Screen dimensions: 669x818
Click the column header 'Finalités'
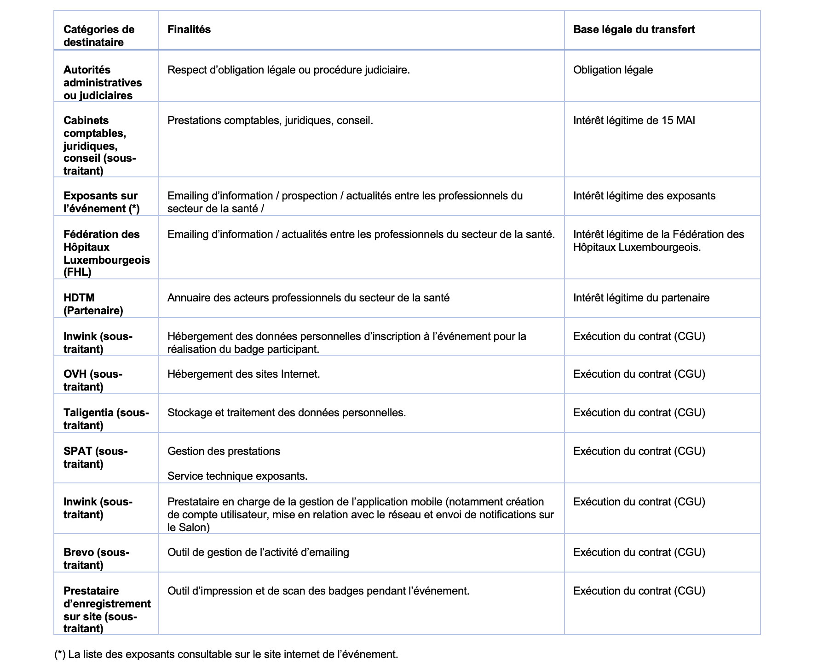pos(189,29)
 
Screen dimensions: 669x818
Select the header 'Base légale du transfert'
pos(634,29)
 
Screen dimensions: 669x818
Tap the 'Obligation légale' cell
pos(613,70)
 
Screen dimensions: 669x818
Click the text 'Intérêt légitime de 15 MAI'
pos(634,120)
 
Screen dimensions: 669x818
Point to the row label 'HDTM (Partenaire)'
pos(93,304)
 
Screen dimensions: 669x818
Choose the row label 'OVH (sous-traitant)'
pos(92,380)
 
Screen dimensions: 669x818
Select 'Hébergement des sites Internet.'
pos(243,374)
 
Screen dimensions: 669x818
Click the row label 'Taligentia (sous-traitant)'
pos(106,419)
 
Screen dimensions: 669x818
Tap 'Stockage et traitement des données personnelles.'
pos(286,413)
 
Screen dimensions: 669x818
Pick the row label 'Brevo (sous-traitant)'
pos(96,559)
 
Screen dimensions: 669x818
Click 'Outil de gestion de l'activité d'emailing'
pos(258,552)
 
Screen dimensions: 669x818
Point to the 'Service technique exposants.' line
pos(237,476)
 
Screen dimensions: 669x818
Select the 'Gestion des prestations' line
pos(224,451)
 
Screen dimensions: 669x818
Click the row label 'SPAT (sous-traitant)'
pos(95,458)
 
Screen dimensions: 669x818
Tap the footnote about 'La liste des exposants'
pos(226,654)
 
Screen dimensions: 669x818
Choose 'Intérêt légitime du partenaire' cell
pos(641,298)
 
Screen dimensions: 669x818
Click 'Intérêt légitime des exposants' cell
pos(644,196)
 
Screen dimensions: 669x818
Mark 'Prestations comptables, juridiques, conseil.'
pos(270,120)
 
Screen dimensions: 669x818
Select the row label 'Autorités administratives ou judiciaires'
pos(102,83)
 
